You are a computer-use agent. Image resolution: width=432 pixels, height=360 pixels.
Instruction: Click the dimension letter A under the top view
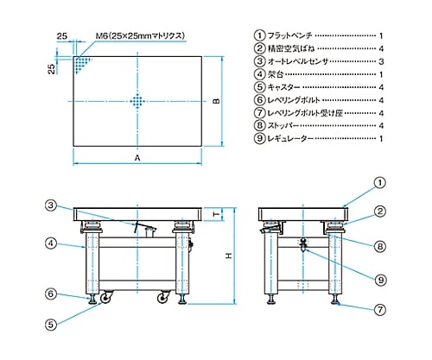tap(137, 158)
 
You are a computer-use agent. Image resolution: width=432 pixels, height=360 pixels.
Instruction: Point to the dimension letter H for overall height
tap(229, 256)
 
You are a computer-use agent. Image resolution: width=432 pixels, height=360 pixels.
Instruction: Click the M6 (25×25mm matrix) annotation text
tap(140, 36)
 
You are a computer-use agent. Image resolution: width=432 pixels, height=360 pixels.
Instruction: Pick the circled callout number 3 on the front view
tap(51, 205)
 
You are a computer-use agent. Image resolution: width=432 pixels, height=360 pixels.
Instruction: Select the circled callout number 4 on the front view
tap(51, 243)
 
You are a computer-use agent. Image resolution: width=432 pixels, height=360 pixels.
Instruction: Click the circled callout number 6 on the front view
tap(51, 294)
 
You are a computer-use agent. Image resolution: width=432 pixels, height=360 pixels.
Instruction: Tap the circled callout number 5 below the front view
tap(51, 325)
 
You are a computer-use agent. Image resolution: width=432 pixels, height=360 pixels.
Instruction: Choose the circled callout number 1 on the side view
tap(380, 183)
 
